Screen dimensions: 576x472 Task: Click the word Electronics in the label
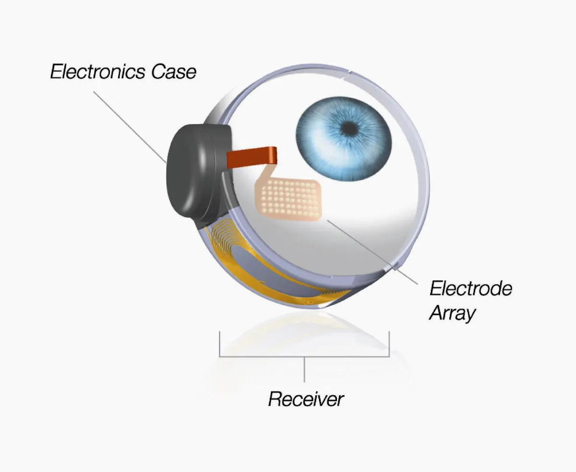[97, 72]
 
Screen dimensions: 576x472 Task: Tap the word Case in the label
[174, 72]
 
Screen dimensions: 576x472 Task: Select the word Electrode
[471, 289]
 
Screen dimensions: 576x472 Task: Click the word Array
[452, 314]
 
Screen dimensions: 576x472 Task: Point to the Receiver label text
[306, 399]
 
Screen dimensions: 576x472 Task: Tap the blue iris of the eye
[344, 139]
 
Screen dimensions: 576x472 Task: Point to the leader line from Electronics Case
[130, 127]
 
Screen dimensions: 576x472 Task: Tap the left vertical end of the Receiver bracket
[219, 344]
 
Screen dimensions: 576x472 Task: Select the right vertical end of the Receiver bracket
[389, 344]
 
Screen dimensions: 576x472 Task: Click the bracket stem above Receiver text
[304, 369]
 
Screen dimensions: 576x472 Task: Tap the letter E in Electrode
[436, 289]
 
